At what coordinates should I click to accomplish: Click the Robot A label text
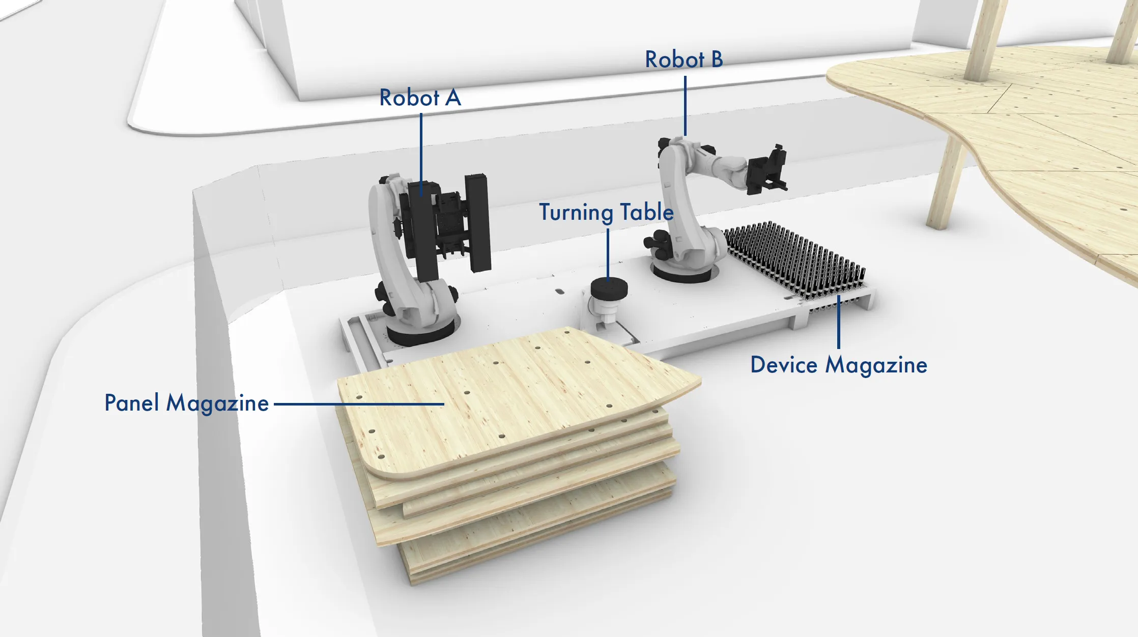point(420,98)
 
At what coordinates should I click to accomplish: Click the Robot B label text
point(684,60)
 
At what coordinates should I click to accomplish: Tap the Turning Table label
point(606,212)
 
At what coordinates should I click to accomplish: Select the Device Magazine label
point(838,365)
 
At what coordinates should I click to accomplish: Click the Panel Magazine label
point(186,403)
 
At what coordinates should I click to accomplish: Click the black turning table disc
point(609,289)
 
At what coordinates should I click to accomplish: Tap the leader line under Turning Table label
point(608,252)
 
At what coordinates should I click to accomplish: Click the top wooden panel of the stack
point(509,397)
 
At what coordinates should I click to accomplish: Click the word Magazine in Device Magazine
point(876,365)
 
